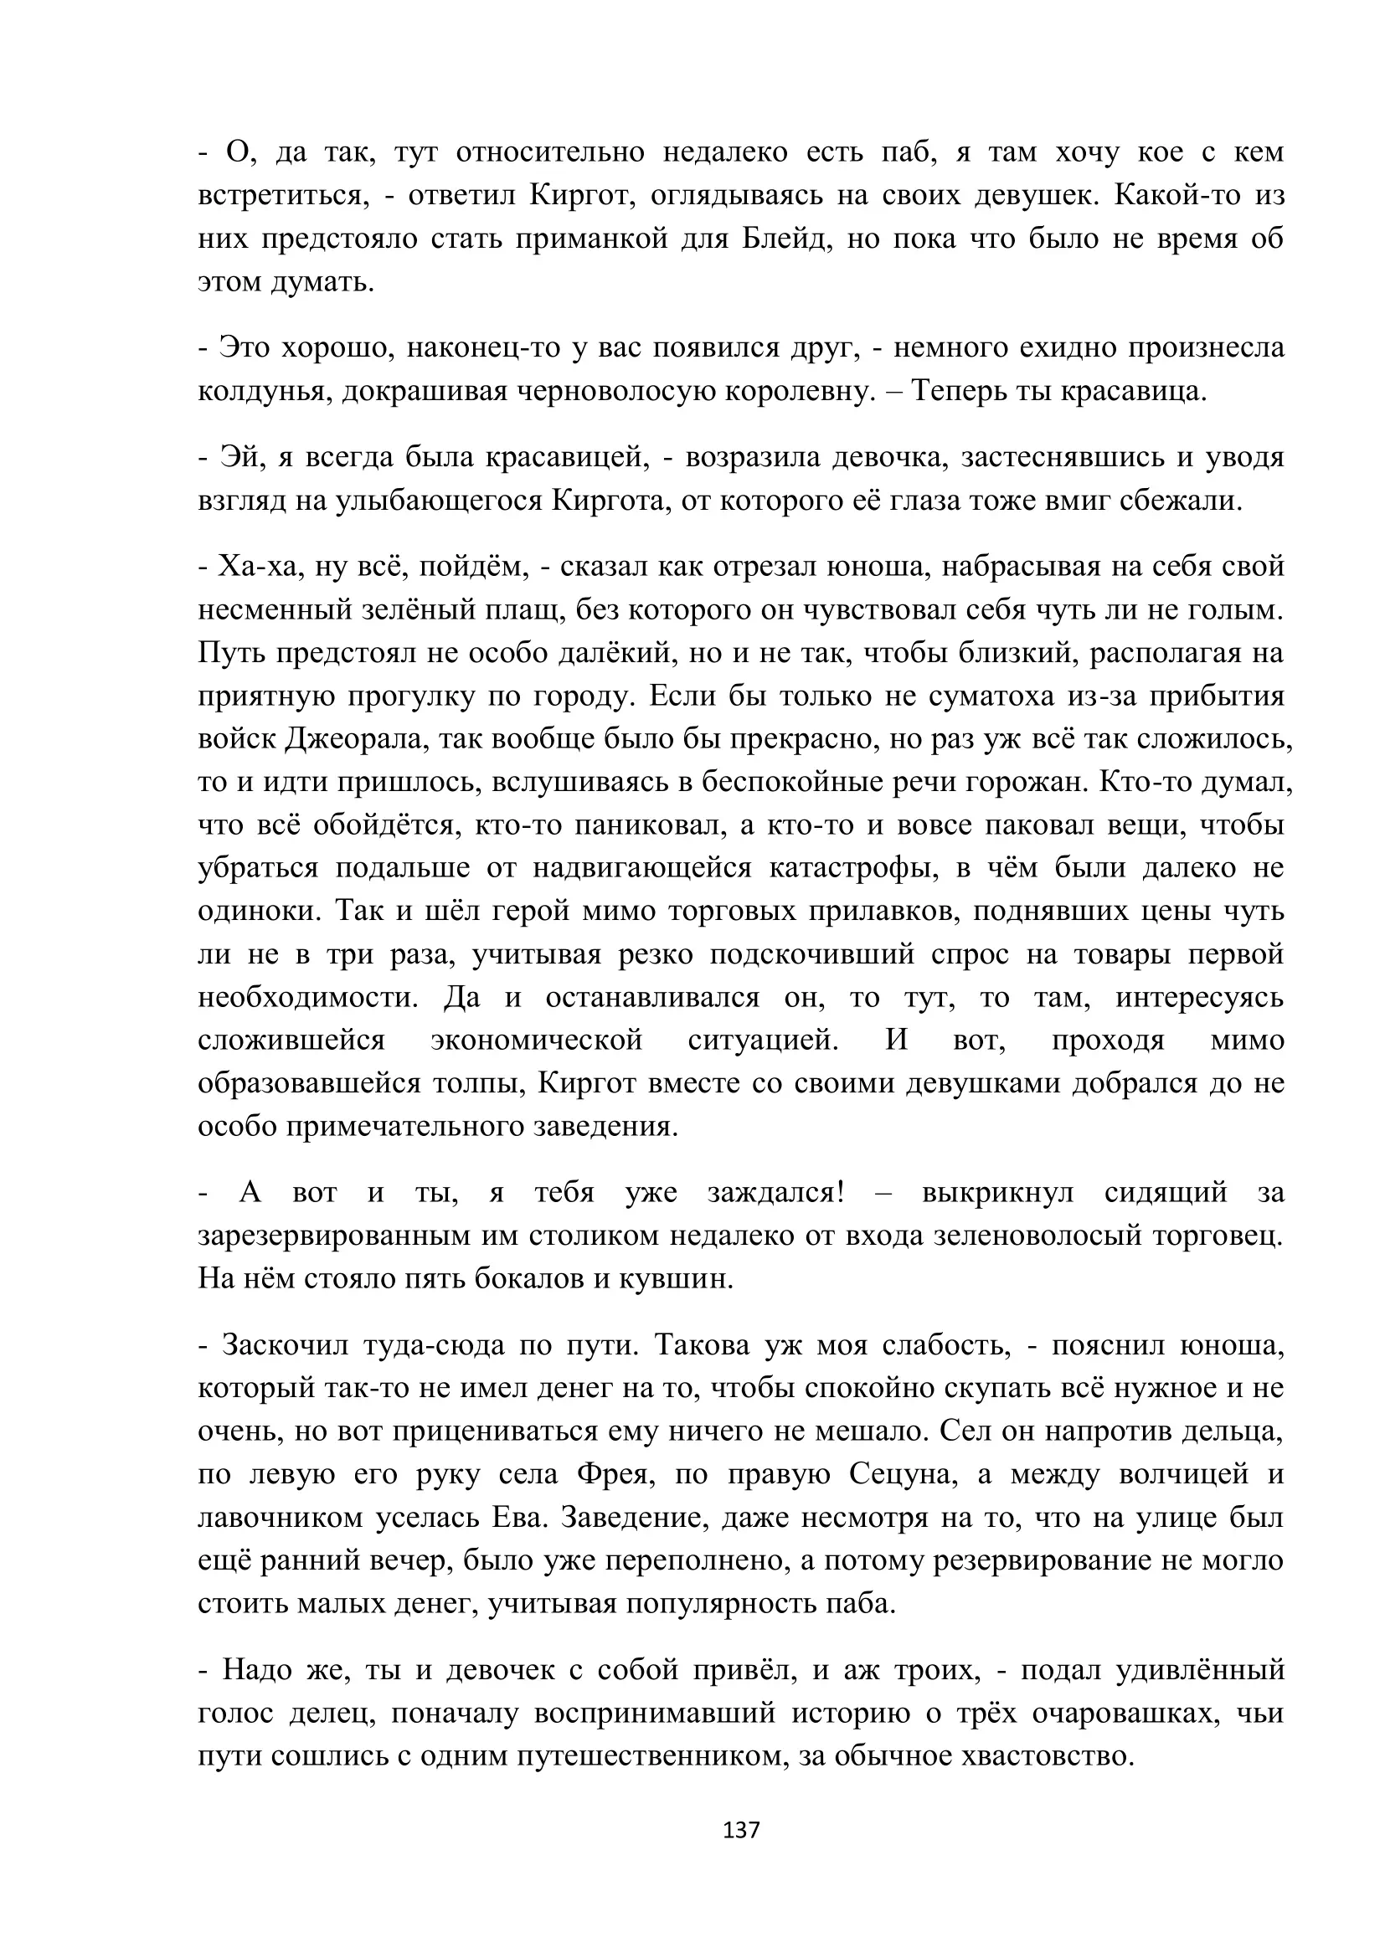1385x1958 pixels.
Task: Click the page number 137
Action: point(740,1830)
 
